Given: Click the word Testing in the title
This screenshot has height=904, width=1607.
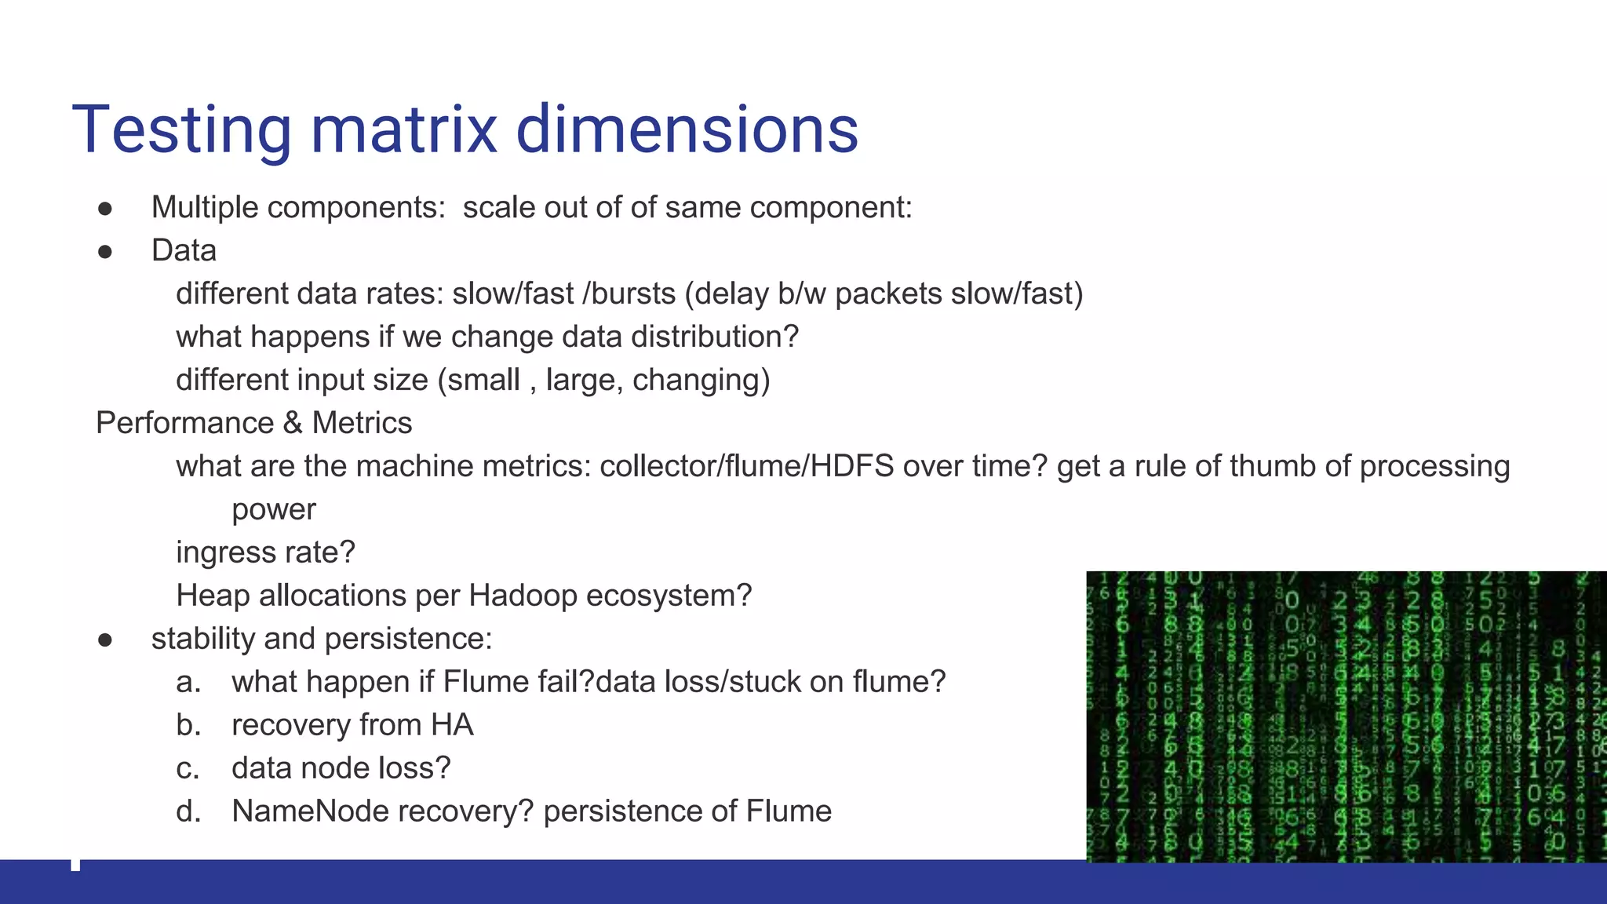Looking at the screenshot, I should pos(181,129).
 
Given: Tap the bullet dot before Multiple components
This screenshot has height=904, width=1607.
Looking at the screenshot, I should pos(105,209).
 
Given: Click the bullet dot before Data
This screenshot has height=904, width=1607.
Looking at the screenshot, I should pos(105,252).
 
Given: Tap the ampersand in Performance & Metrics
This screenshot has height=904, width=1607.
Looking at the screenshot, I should pos(293,423).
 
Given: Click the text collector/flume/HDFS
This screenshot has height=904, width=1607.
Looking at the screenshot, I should pos(746,466).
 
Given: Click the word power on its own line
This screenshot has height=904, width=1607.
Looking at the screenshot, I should pos(273,510).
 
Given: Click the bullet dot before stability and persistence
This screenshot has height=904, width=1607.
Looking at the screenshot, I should pos(105,640).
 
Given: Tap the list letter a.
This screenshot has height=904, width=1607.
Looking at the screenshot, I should pos(188,682).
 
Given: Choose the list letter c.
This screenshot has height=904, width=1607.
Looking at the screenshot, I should pos(188,768).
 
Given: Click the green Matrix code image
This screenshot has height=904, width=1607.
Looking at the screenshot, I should pos(1346,716).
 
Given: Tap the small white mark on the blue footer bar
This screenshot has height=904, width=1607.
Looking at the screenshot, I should pos(75,865).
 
